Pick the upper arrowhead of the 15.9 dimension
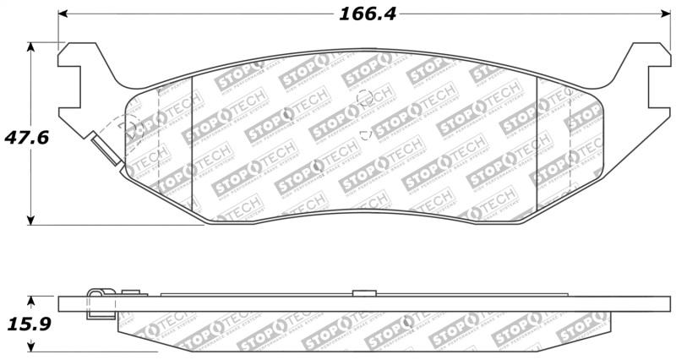tap(33, 300)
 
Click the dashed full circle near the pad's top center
tap(366, 98)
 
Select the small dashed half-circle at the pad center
tap(366, 134)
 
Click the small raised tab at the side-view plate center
tap(363, 292)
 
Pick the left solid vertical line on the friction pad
tap(193, 144)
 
